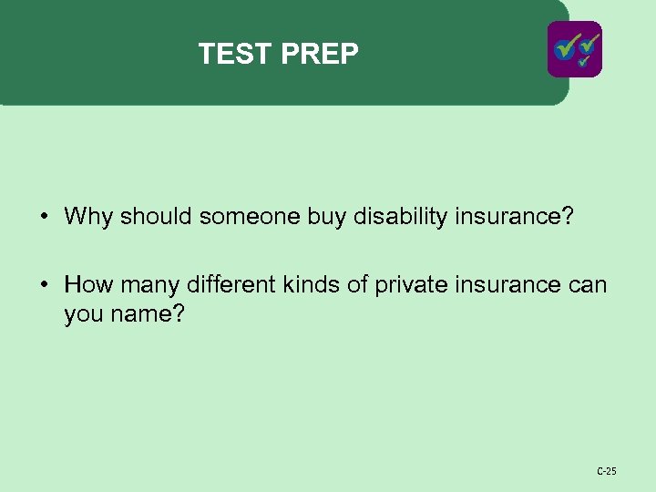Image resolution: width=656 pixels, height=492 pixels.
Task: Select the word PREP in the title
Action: tap(320, 55)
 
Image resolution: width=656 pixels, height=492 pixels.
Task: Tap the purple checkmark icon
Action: tap(574, 49)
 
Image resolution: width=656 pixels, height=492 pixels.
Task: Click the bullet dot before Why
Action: tap(44, 217)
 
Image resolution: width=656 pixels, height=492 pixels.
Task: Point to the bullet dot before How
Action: tap(44, 285)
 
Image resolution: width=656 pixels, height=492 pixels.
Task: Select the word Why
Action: tap(88, 217)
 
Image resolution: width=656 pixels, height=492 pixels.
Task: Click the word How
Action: tap(89, 285)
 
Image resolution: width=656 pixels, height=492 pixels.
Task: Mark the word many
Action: tap(151, 285)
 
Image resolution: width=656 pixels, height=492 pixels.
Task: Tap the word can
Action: tap(586, 285)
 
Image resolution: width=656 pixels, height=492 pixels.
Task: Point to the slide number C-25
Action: tap(606, 471)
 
